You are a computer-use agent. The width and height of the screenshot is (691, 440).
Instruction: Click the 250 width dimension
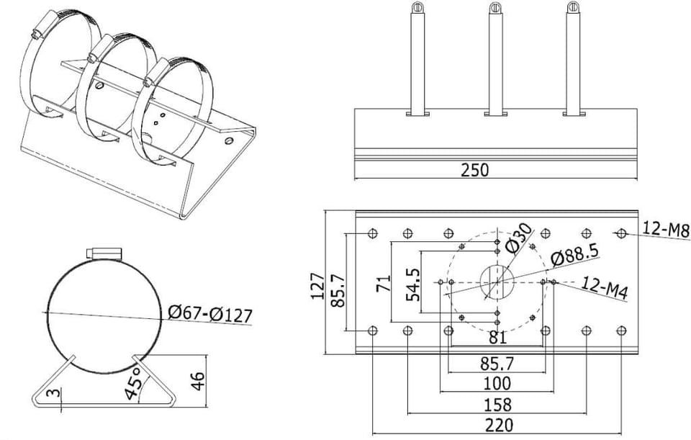[474, 170]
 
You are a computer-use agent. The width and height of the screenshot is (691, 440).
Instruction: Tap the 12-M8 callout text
[665, 230]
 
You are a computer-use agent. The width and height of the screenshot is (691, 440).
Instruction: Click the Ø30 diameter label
[519, 238]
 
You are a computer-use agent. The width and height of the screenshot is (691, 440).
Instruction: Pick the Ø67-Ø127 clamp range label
[210, 314]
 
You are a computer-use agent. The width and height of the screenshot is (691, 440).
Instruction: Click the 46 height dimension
[199, 381]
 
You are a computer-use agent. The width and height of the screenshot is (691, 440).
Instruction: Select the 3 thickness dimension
[54, 392]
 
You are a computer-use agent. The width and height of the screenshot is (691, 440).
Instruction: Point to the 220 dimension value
[500, 426]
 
